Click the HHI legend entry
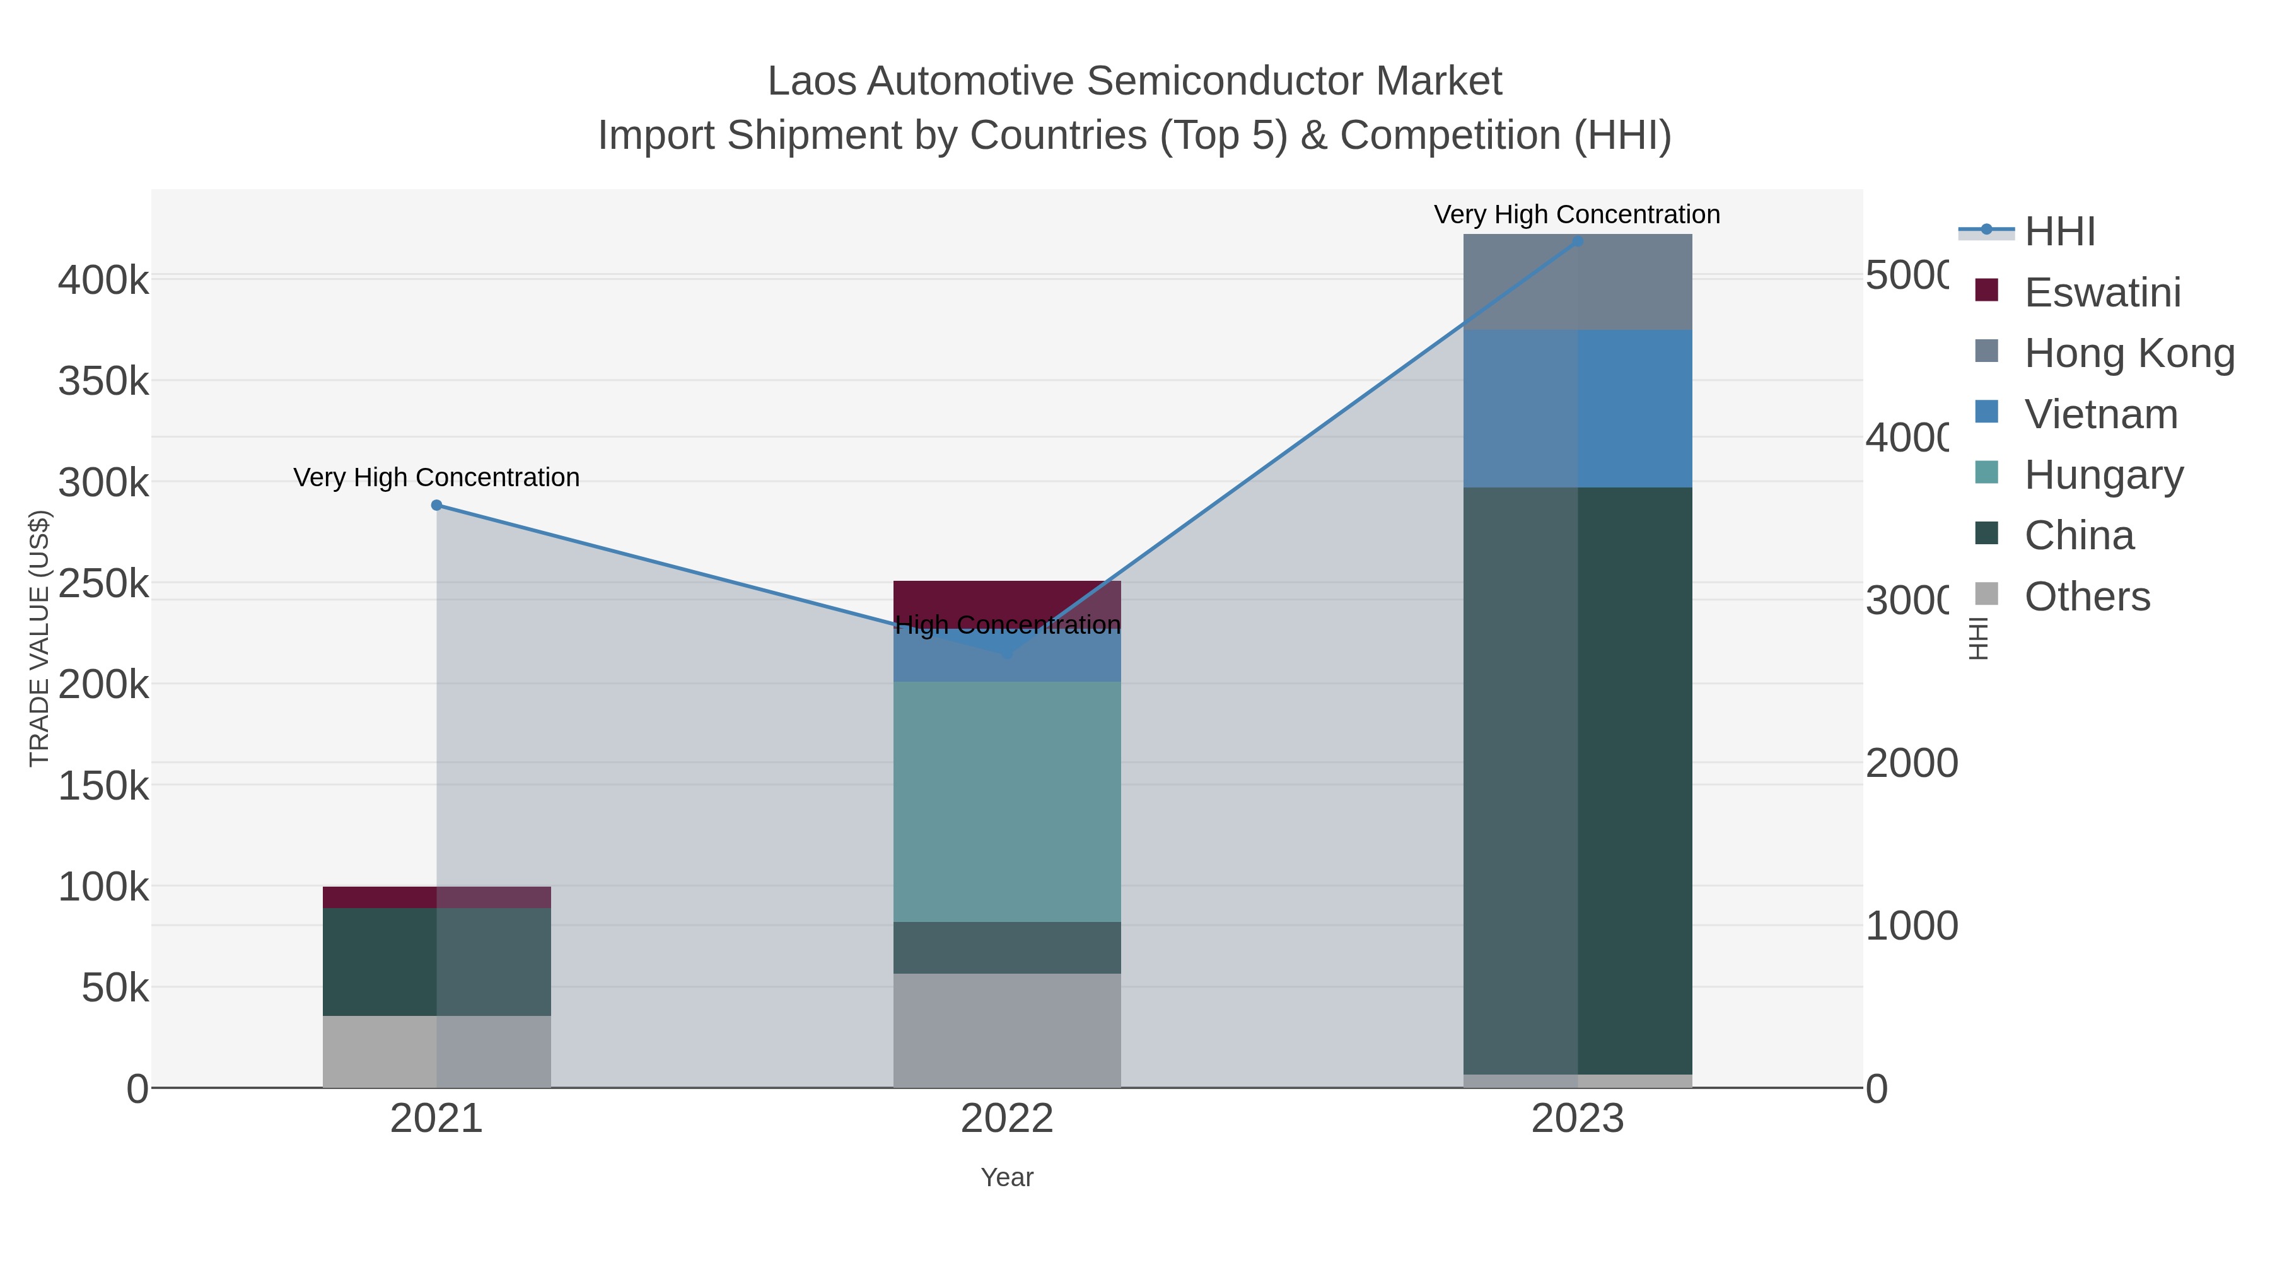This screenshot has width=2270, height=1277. pos(2059,232)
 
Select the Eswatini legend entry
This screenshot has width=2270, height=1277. pos(2102,293)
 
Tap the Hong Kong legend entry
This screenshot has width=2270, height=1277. pos(2128,353)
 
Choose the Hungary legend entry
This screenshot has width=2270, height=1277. pos(2104,475)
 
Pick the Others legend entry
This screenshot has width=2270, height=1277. pos(2086,597)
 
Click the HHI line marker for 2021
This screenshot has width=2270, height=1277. pos(437,505)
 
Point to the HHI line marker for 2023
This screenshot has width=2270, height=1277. pos(1578,241)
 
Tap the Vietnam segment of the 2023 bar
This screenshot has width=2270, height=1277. pos(1578,409)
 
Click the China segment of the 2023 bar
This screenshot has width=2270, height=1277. pos(1578,780)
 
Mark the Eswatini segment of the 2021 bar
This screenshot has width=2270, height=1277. pos(437,897)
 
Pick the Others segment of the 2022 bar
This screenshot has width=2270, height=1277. pos(1007,1030)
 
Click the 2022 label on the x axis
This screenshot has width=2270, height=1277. pos(1007,1119)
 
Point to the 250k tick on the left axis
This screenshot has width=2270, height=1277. pos(103,583)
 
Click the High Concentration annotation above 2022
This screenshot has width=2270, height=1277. pos(1007,626)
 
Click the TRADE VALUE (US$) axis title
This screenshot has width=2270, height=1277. pos(40,638)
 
